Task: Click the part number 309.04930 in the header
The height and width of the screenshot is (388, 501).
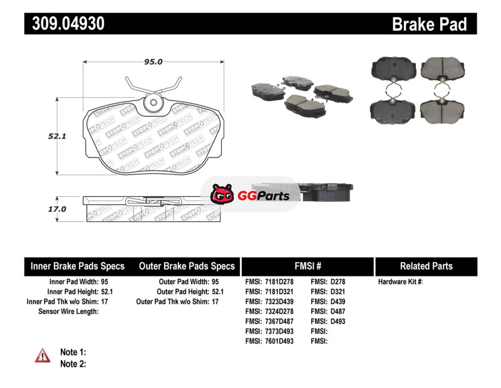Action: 68,24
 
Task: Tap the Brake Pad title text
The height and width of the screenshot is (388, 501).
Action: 429,24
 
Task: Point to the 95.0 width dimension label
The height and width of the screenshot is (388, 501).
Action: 153,61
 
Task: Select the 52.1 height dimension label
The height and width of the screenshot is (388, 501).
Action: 57,136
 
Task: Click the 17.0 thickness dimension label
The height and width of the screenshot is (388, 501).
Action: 57,209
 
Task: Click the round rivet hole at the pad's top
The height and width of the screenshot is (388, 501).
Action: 153,103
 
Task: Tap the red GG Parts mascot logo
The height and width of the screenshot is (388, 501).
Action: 222,194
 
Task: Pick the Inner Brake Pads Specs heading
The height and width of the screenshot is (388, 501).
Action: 77,266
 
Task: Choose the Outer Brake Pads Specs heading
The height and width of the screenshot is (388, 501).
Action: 187,266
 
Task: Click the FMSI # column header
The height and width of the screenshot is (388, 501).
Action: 307,266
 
